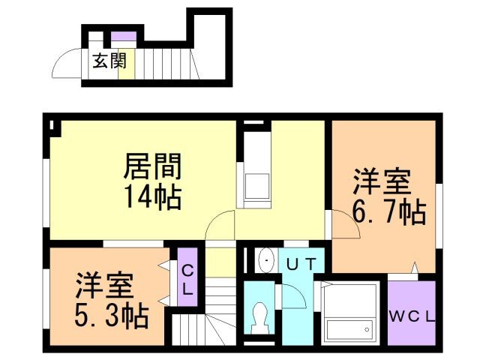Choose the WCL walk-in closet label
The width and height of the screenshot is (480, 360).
click(412, 315)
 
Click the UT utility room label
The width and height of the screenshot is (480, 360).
click(302, 262)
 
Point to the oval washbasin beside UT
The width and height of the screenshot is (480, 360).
click(266, 260)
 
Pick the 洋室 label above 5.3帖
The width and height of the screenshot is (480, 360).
click(104, 286)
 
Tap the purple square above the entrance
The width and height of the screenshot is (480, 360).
click(124, 36)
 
